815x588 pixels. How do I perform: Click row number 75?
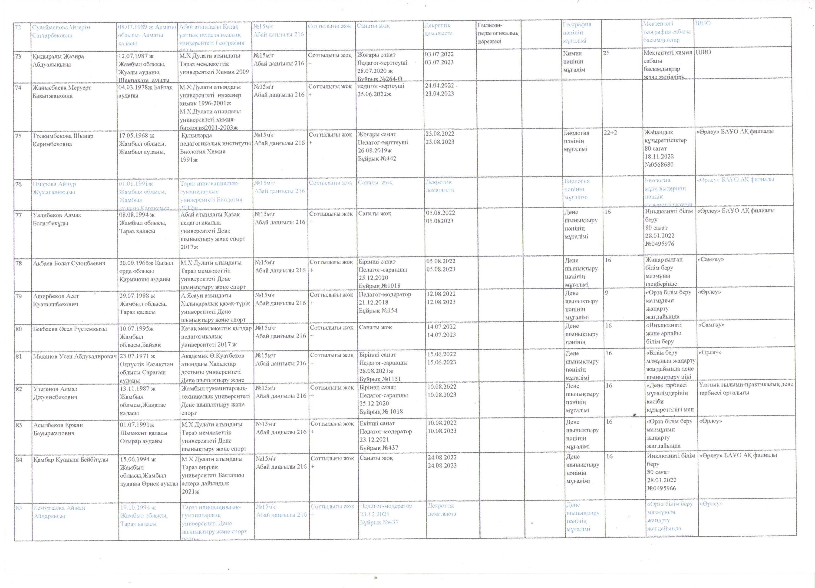click(18, 136)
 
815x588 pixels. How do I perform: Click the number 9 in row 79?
click(607, 293)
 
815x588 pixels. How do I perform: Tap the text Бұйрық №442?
click(377, 159)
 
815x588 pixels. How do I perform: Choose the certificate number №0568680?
click(659, 165)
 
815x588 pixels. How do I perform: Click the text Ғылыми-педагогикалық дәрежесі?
click(498, 33)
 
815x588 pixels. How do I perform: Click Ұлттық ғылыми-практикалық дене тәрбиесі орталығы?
click(745, 388)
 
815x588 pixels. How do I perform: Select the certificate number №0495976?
click(660, 244)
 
